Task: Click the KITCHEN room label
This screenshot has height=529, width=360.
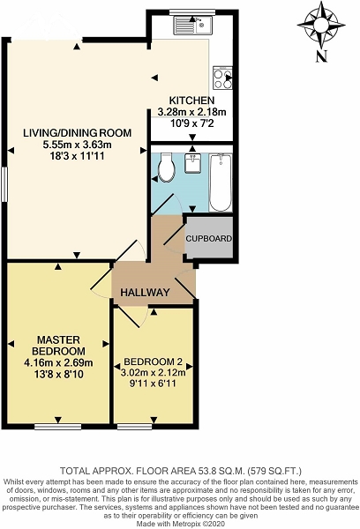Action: pyautogui.click(x=191, y=101)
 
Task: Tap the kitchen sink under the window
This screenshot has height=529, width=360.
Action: pyautogui.click(x=193, y=25)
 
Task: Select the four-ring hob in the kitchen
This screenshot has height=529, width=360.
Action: pyautogui.click(x=222, y=78)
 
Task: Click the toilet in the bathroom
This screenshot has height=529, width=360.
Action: pyautogui.click(x=166, y=168)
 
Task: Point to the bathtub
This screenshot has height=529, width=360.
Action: pyautogui.click(x=221, y=183)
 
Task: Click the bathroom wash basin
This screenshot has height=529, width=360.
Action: pyautogui.click(x=193, y=163)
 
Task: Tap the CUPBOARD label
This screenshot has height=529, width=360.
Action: pyautogui.click(x=209, y=239)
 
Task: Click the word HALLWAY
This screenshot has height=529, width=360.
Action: pyautogui.click(x=145, y=292)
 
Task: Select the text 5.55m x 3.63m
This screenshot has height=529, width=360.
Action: pyautogui.click(x=77, y=145)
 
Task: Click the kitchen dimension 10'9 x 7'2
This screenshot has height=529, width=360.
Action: pyautogui.click(x=192, y=123)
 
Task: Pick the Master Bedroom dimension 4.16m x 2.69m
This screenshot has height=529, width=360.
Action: pyautogui.click(x=58, y=363)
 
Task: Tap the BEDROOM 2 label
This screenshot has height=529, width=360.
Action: pyautogui.click(x=154, y=362)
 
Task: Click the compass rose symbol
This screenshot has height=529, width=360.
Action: pyautogui.click(x=321, y=25)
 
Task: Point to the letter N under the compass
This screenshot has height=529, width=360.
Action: pyautogui.click(x=322, y=56)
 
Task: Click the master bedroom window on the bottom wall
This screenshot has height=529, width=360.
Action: pyautogui.click(x=57, y=427)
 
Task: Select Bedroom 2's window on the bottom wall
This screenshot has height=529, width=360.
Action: pyautogui.click(x=134, y=427)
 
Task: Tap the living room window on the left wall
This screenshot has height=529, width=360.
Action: pyautogui.click(x=4, y=184)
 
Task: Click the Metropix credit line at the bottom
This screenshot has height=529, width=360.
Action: pyautogui.click(x=180, y=523)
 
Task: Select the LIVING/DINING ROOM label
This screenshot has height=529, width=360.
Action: pyautogui.click(x=77, y=132)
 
